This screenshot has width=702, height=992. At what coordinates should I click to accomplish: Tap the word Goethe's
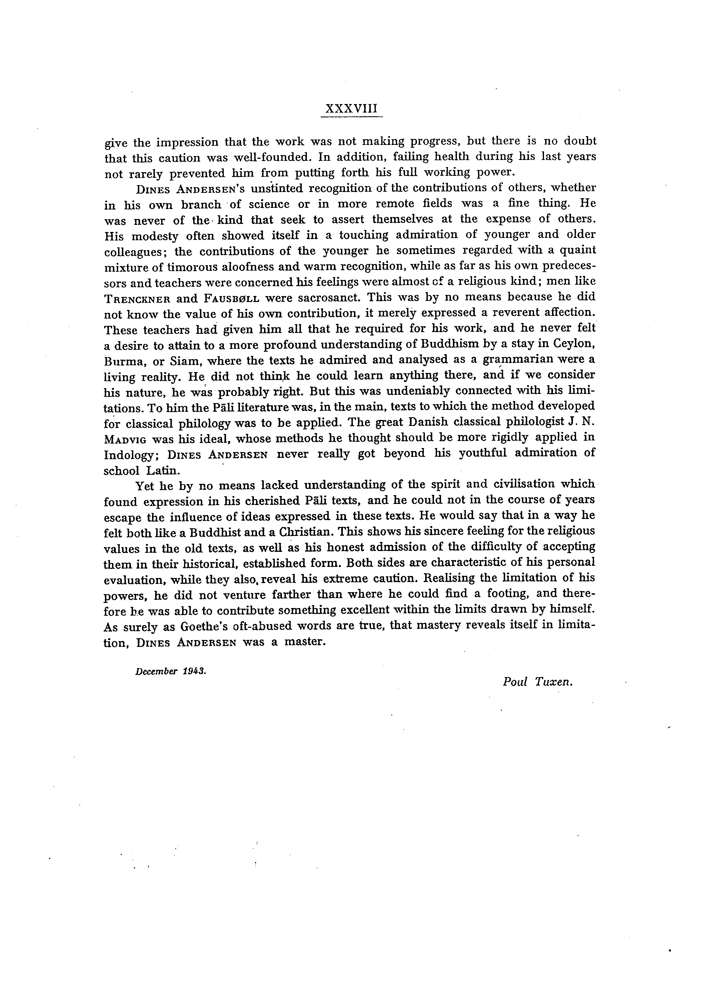tap(205, 626)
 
